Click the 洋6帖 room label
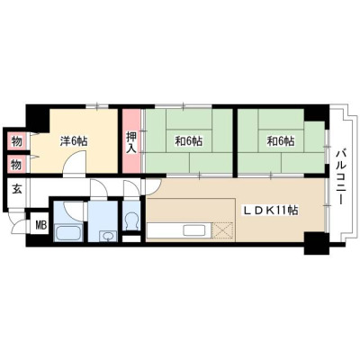coord(74,141)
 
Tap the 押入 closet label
coord(131,142)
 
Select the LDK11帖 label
coord(270,211)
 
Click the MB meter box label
coord(41,225)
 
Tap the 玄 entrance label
coord(17,190)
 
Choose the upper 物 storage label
coord(17,141)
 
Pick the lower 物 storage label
coord(17,165)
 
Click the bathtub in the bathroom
coord(68,232)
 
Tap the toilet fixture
coord(131,221)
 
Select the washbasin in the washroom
coord(106,236)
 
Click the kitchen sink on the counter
coord(194,230)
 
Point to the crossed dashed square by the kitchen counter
coord(222,230)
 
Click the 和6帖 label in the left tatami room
coord(189,141)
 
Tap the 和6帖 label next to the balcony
coord(281,141)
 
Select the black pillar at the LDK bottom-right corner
coord(316,243)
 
